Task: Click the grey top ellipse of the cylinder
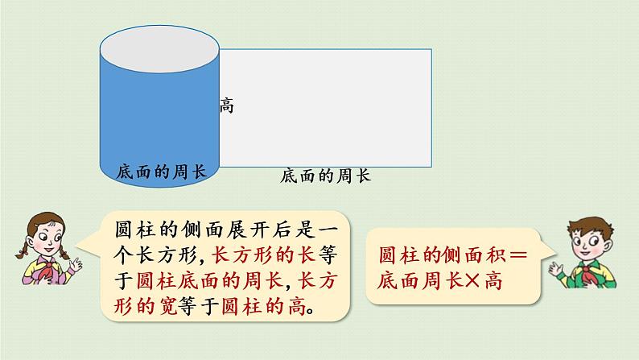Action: (159, 49)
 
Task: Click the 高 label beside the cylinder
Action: (227, 106)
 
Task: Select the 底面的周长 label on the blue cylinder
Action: (162, 172)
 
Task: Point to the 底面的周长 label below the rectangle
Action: (325, 176)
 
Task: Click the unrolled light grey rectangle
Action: (325, 108)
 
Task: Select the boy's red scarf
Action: (590, 273)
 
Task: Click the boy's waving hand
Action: (555, 268)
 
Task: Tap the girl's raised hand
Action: (76, 265)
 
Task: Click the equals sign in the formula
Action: (518, 255)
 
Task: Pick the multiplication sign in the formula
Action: (472, 281)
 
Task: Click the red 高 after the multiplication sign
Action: (493, 281)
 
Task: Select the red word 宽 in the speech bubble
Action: (167, 306)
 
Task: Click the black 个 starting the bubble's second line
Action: (123, 255)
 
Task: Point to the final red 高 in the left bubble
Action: (297, 306)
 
